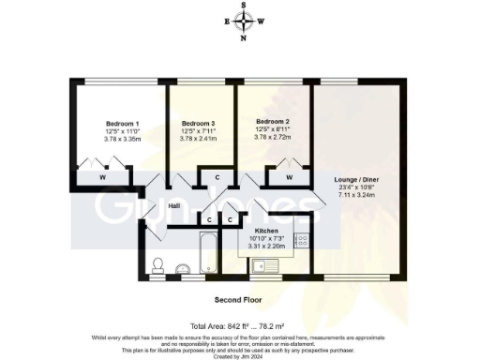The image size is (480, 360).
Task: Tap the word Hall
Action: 174,206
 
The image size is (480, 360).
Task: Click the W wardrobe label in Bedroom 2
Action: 289,176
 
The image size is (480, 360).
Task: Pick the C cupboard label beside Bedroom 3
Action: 217,177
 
